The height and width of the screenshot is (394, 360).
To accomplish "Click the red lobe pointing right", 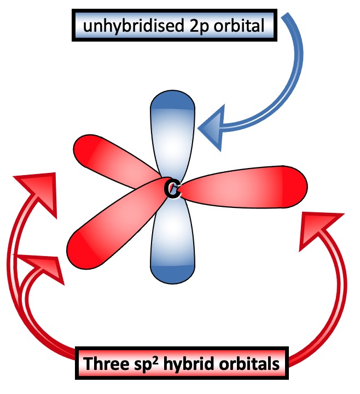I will tap(246, 187).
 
